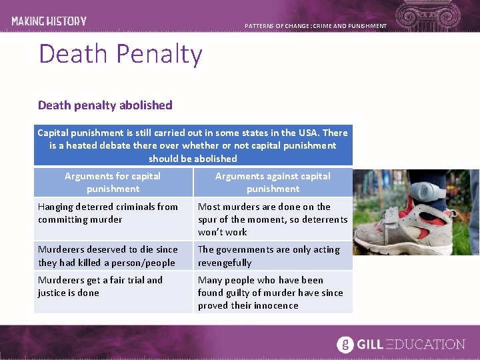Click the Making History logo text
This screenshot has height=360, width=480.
(49, 21)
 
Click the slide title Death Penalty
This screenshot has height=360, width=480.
(120, 53)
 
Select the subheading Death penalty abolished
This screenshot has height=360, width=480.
(105, 105)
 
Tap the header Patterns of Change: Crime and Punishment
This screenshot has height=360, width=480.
(315, 26)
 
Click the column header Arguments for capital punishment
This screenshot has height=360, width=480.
(113, 182)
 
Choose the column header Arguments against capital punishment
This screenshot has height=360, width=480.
(273, 182)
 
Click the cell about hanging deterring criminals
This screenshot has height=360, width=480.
(113, 213)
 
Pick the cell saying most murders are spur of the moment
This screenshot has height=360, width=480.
(273, 219)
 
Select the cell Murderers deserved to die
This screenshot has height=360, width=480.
(113, 255)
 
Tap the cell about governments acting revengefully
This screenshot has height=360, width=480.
(273, 255)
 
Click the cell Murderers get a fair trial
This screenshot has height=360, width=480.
(113, 286)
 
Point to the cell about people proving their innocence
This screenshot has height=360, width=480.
(273, 292)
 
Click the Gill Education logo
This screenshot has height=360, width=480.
(401, 344)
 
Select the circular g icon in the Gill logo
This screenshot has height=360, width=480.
(345, 344)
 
